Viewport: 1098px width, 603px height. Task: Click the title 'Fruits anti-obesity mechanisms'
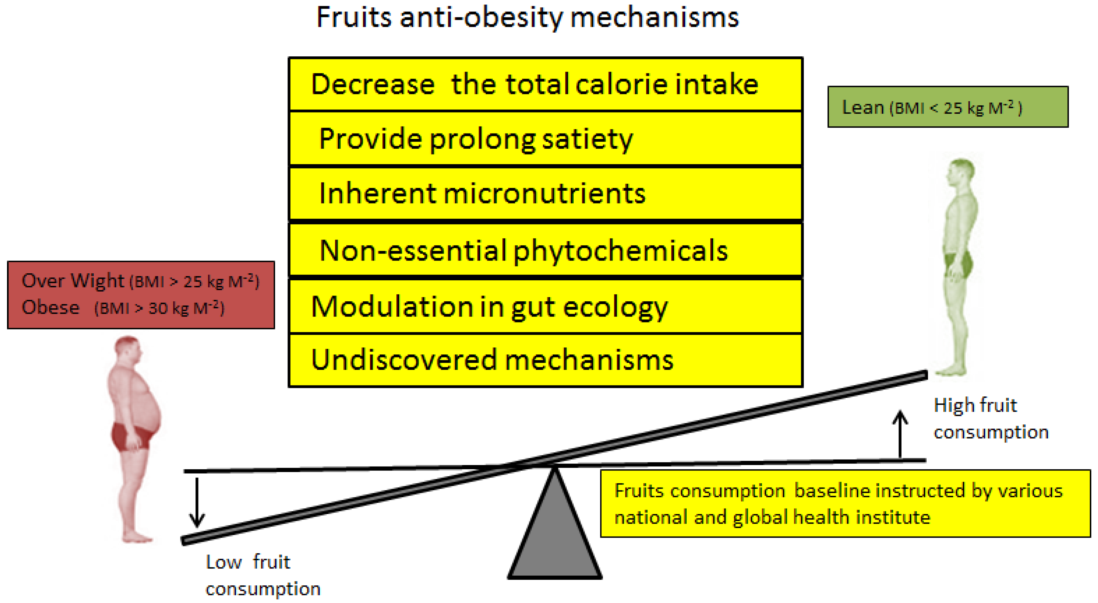click(527, 18)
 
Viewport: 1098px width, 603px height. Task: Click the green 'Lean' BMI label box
click(948, 107)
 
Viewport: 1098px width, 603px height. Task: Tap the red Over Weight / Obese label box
click(141, 295)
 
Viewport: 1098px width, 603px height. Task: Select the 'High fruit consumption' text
click(990, 418)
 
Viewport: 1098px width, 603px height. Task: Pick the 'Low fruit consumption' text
click(262, 575)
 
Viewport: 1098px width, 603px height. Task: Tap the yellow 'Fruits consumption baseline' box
click(845, 504)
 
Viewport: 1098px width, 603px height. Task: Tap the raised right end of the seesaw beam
click(921, 376)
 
